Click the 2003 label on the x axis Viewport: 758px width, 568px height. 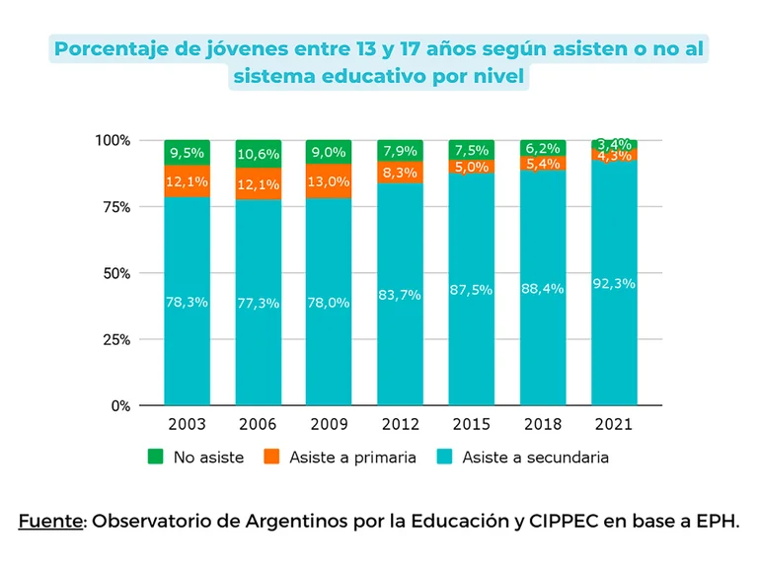coord(187,424)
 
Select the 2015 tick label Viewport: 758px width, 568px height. coord(471,424)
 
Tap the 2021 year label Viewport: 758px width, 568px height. coord(613,424)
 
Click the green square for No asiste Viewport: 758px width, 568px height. coord(155,457)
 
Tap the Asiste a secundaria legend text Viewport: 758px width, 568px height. coord(535,458)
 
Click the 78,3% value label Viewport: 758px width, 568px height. coord(187,302)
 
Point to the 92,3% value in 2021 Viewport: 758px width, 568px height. coord(613,283)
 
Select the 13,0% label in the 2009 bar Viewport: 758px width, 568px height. coord(329,181)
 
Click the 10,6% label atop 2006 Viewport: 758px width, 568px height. coord(258,153)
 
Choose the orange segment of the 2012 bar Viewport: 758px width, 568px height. coord(400,173)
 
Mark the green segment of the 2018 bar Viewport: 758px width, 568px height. coord(542,148)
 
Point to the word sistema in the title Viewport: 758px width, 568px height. coord(272,77)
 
